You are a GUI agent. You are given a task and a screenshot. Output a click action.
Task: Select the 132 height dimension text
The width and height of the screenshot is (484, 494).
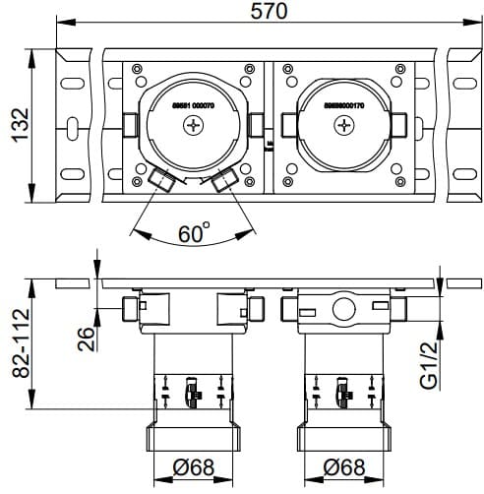(x=18, y=126)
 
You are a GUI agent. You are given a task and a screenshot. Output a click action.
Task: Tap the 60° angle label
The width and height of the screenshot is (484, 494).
(x=194, y=233)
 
